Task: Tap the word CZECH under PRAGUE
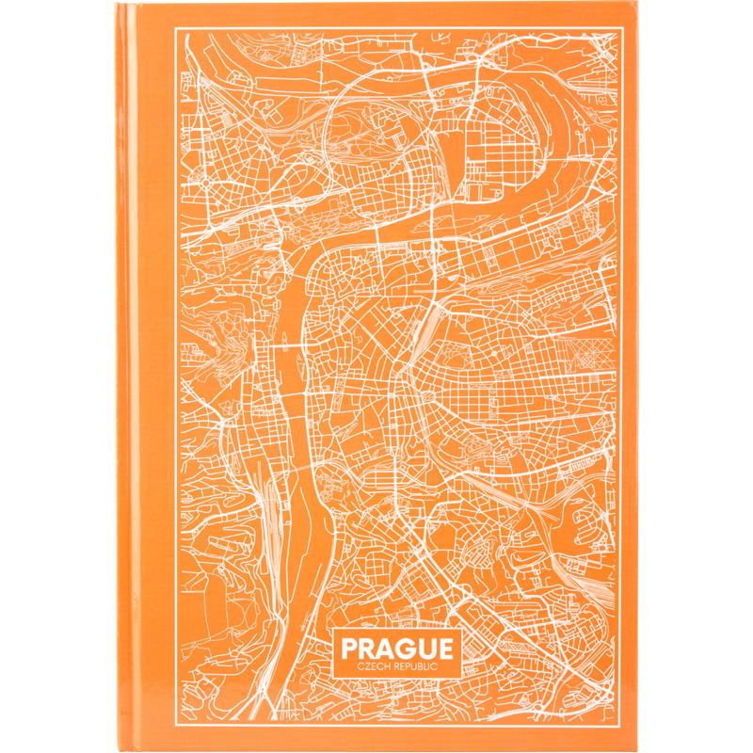362,668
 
